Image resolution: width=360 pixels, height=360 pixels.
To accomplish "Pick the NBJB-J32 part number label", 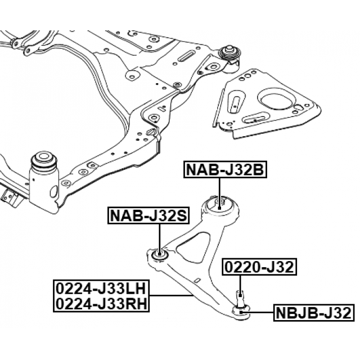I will (313, 312).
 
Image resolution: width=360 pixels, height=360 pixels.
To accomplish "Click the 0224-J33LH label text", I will (101, 289).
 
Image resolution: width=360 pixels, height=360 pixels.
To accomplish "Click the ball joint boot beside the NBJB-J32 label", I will (240, 309).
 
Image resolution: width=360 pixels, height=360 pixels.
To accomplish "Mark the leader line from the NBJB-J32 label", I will (259, 312).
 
